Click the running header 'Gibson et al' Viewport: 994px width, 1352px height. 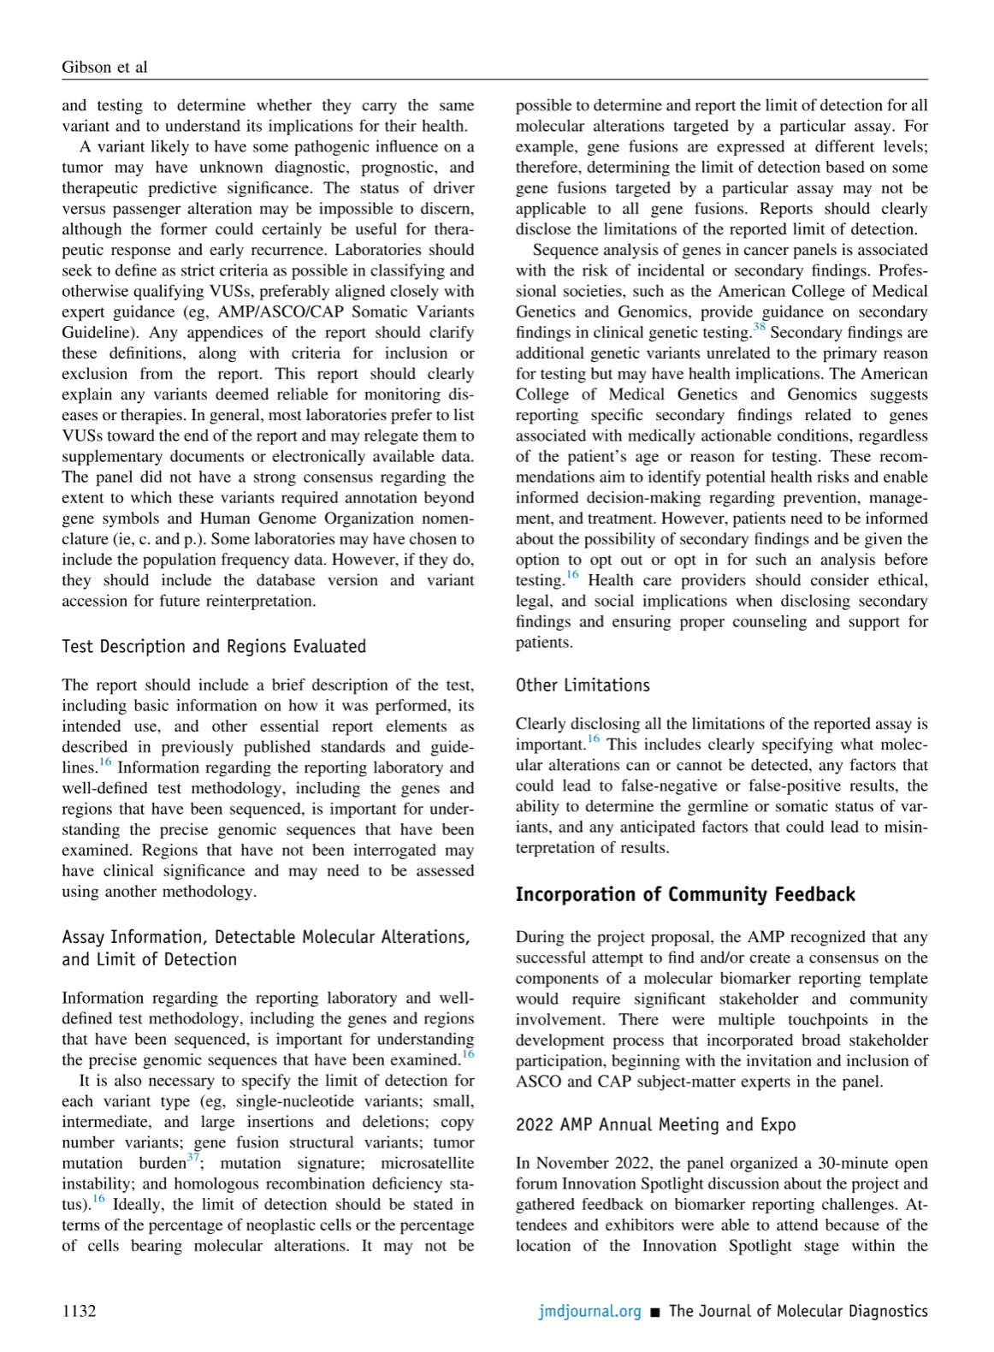pos(104,67)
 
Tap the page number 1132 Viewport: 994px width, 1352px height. pos(79,1311)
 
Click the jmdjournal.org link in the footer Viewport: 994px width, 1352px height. pos(589,1311)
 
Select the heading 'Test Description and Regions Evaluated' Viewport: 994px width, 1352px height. pos(213,646)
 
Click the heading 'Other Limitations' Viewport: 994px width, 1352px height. pos(583,685)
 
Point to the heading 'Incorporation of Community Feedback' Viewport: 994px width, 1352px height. pos(685,894)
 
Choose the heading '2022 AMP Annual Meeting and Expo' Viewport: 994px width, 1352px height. pos(655,1124)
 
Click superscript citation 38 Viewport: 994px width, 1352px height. pos(759,327)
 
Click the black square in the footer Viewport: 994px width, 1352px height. pos(655,1312)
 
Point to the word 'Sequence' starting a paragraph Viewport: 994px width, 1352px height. pos(565,250)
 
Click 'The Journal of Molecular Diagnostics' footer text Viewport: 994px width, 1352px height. pos(798,1311)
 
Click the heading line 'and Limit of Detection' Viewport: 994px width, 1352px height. pos(149,959)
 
